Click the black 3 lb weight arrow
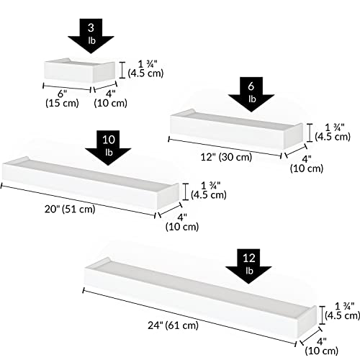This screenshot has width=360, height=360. pyautogui.click(x=91, y=36)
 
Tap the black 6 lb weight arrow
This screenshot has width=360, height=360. pyautogui.click(x=251, y=94)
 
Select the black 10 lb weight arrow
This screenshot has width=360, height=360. pyautogui.click(x=108, y=148)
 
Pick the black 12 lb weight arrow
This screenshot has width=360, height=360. pyautogui.click(x=248, y=266)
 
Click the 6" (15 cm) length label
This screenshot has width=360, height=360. pyautogui.click(x=62, y=99)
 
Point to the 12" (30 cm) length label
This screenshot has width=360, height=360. pyautogui.click(x=226, y=157)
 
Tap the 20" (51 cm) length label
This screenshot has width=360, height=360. pyautogui.click(x=70, y=209)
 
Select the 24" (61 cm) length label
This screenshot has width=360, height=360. pyautogui.click(x=173, y=325)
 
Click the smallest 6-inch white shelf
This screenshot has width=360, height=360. pyautogui.click(x=80, y=71)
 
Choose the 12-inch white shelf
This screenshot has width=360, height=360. pyautogui.click(x=236, y=130)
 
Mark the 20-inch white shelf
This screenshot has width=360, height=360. pyautogui.click(x=91, y=183)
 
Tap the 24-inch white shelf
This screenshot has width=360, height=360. pyautogui.click(x=200, y=297)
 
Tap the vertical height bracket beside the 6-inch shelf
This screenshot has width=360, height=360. pyautogui.click(x=122, y=70)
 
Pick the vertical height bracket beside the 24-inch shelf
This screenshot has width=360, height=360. pyautogui.click(x=322, y=315)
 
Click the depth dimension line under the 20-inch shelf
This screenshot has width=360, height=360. pyautogui.click(x=170, y=210)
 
